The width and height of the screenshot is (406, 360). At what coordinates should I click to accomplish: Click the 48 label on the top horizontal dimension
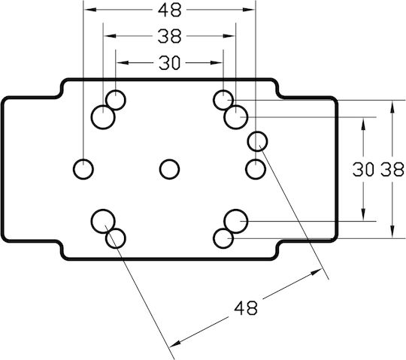[169, 11]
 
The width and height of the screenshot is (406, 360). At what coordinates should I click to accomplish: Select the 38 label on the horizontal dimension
[169, 36]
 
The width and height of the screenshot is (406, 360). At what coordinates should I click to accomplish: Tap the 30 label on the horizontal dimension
[169, 63]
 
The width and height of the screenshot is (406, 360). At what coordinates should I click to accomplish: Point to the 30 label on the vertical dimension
[363, 169]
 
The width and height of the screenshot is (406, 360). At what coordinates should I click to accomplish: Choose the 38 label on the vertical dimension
[392, 169]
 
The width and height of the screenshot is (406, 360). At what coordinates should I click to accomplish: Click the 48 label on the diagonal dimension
[246, 307]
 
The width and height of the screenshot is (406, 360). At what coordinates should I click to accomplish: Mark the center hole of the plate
[169, 169]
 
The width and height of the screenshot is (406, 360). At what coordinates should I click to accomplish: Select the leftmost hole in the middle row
[83, 169]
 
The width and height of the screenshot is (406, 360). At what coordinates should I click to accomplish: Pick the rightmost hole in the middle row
[256, 169]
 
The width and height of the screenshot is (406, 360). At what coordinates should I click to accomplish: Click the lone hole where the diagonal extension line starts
[257, 141]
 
